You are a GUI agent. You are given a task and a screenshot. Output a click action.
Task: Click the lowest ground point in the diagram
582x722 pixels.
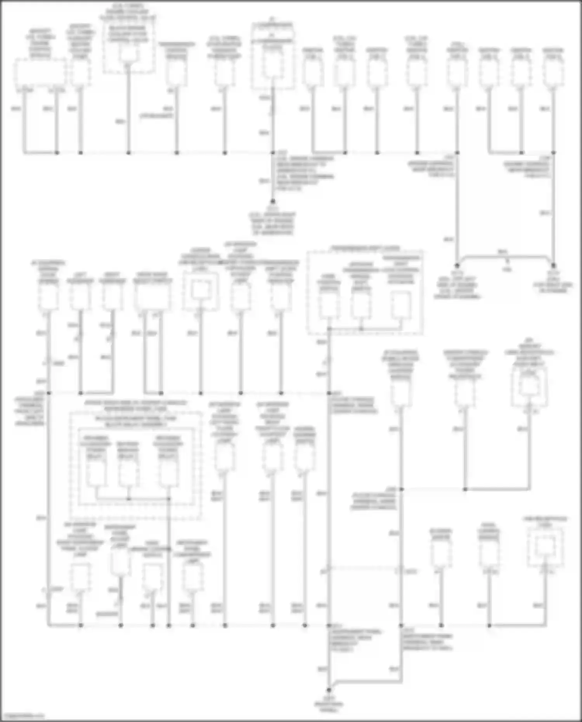(329, 690)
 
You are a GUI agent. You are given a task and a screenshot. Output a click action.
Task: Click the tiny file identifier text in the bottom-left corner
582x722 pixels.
(23, 716)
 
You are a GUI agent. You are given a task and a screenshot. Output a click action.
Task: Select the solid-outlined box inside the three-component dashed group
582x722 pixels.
(401, 305)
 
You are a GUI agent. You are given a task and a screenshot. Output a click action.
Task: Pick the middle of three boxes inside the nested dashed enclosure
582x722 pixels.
(128, 474)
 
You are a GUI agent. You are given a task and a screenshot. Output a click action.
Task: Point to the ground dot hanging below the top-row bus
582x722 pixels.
(273, 201)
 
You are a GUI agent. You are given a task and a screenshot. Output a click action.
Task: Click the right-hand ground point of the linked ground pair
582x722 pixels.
(553, 266)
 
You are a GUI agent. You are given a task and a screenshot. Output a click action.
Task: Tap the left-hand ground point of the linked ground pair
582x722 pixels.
(457, 266)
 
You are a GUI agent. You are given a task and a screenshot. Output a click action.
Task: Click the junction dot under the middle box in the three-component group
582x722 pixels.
(361, 329)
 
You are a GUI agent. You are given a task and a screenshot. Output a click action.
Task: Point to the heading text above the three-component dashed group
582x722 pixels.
(365, 248)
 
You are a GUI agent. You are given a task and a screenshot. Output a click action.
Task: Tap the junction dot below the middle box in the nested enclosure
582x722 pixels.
(128, 499)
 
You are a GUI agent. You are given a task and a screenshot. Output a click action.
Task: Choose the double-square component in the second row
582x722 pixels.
(201, 290)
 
